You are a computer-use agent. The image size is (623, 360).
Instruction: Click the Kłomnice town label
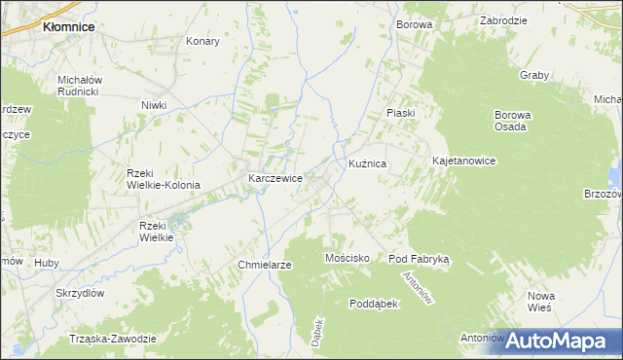(x=68, y=27)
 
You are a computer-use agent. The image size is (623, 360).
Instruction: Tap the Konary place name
(x=202, y=42)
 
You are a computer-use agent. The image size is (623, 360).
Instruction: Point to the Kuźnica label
(x=368, y=165)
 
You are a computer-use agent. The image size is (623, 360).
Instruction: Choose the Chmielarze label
(x=265, y=265)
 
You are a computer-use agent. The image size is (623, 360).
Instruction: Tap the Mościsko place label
(x=346, y=258)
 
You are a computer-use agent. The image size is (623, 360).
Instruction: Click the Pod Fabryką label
(x=419, y=259)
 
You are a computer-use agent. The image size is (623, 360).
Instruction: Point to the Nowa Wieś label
(x=540, y=301)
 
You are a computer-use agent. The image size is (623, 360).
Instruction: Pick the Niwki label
(x=154, y=105)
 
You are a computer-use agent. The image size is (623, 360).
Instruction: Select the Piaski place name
(x=400, y=113)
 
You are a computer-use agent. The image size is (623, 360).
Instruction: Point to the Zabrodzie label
(x=503, y=19)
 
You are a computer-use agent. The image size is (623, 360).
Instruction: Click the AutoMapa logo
(x=563, y=341)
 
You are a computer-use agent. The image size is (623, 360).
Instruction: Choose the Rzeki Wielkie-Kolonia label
(x=164, y=179)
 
